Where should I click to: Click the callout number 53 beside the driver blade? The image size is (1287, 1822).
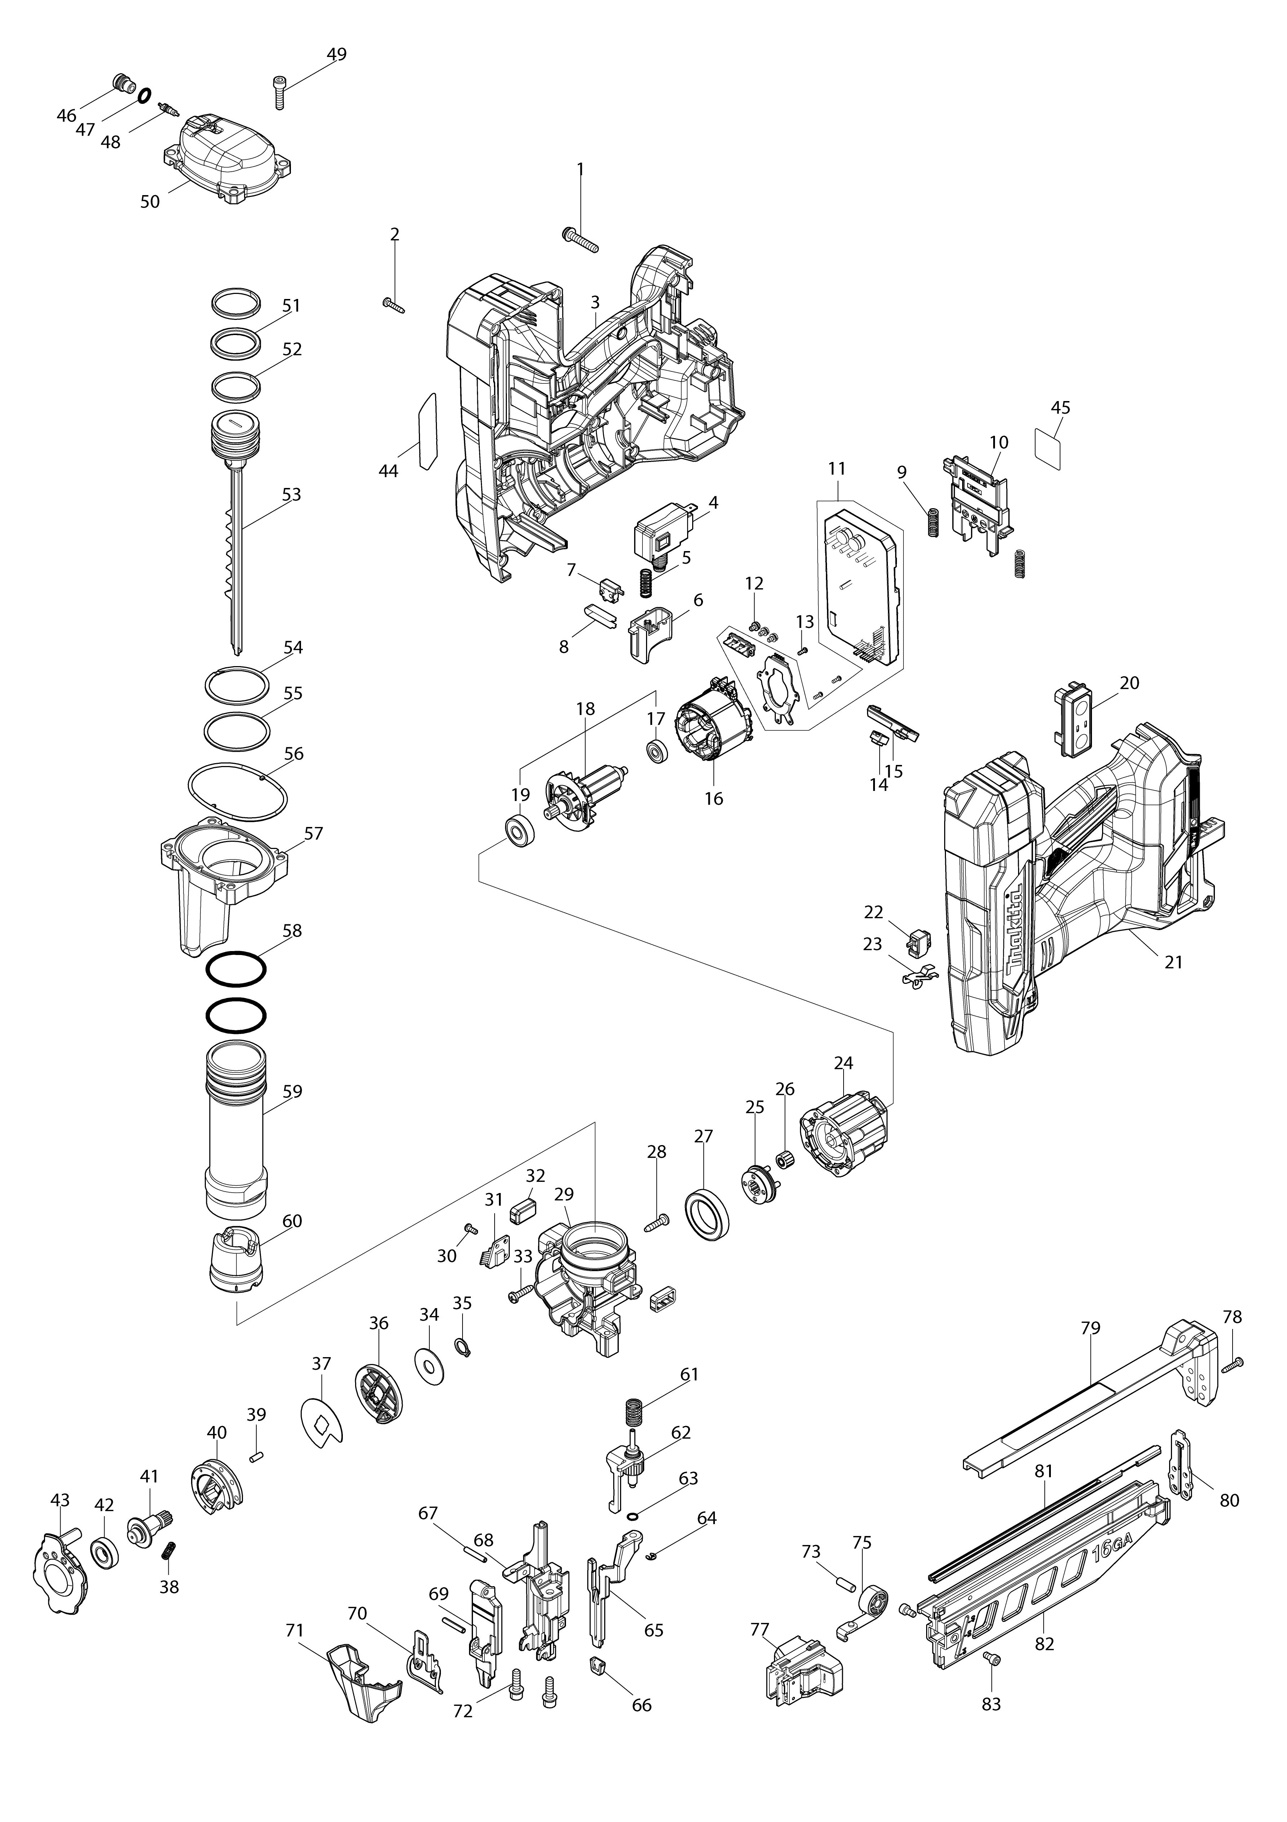(292, 494)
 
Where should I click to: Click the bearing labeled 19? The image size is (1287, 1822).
(520, 832)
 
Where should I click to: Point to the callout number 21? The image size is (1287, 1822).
(1173, 962)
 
